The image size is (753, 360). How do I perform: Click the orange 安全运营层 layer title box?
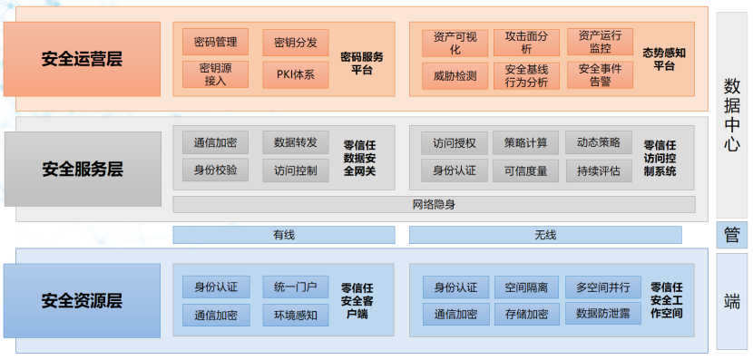coord(82,60)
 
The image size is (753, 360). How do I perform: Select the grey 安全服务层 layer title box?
coord(82,169)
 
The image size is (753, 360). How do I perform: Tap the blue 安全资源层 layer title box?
coord(82,300)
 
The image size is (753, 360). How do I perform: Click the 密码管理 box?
coord(215,42)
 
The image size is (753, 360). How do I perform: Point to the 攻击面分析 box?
coord(526,43)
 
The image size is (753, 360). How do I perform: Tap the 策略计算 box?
coord(526,142)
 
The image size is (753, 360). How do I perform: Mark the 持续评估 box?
coord(599,170)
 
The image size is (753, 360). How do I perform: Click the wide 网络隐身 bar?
coord(434,204)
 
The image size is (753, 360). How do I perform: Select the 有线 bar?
coord(284,235)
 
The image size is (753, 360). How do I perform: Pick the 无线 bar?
coord(545,235)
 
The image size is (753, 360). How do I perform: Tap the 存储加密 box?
coord(526,314)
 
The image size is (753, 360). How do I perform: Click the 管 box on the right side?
coord(731,235)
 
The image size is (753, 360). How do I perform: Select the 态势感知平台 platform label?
coord(663,60)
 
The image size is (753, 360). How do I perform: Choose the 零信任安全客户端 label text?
coord(359,301)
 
